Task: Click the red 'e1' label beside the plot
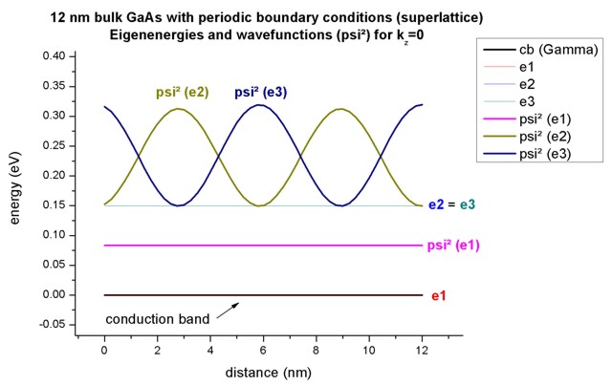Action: pyautogui.click(x=439, y=296)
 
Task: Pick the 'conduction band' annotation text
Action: pyautogui.click(x=157, y=318)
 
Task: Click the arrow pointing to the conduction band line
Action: pyautogui.click(x=227, y=308)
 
